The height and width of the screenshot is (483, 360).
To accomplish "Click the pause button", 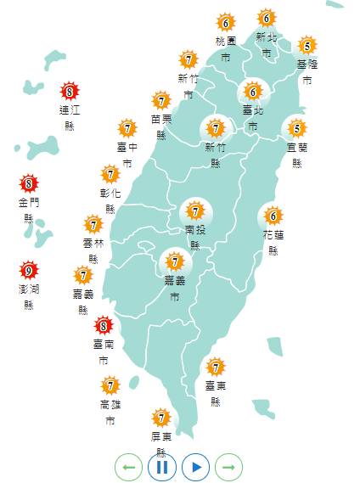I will (x=161, y=466).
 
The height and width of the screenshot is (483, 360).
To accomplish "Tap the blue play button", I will (x=195, y=466).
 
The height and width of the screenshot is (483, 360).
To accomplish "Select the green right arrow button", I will (x=229, y=466).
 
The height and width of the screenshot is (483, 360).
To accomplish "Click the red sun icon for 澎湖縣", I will (x=28, y=272).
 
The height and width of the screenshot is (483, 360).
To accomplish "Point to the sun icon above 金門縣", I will (x=28, y=183).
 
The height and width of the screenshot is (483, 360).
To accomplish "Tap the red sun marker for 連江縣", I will (x=70, y=92).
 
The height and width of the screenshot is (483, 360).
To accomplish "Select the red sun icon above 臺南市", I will (x=103, y=324).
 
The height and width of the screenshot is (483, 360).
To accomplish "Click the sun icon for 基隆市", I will (x=307, y=46).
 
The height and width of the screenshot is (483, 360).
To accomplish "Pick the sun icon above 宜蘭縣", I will (x=296, y=129).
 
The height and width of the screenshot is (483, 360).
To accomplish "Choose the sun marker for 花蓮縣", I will (x=273, y=216).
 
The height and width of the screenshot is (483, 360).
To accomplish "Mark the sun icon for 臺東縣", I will (x=216, y=368).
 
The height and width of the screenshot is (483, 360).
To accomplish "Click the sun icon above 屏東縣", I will (x=160, y=418).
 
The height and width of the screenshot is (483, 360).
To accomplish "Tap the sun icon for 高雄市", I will (x=110, y=385).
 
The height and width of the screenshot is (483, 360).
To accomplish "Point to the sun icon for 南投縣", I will (x=195, y=211).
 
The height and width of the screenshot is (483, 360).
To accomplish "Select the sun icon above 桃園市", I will (x=225, y=22).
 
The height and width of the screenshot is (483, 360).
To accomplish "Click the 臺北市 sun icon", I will (x=252, y=91).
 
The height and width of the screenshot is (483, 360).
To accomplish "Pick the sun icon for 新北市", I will (x=267, y=19).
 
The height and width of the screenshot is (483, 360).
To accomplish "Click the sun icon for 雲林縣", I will (x=93, y=225).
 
